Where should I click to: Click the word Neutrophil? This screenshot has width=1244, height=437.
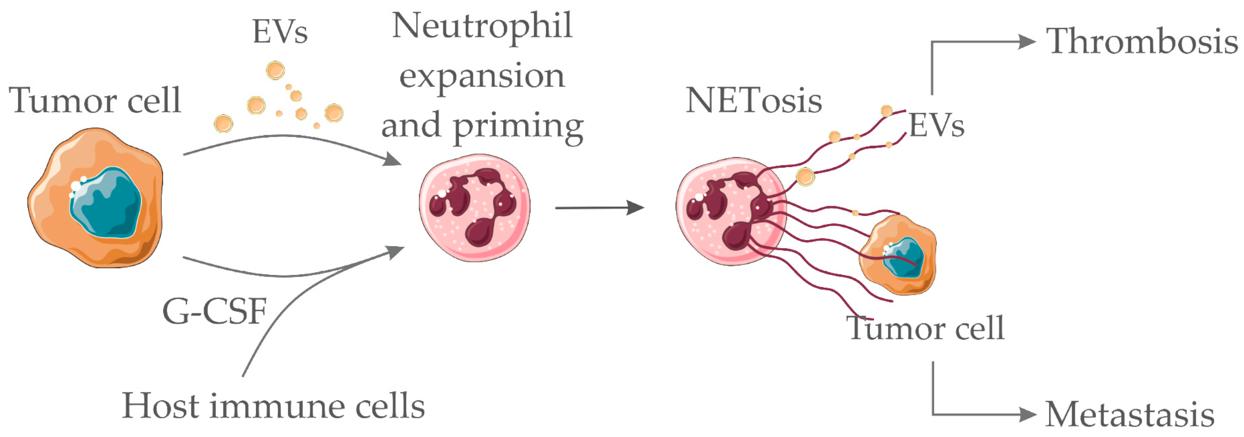482,26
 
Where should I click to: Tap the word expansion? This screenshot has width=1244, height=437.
482,76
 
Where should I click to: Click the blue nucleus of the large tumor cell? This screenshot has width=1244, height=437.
106,203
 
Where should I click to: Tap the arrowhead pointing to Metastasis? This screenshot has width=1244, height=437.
1027,414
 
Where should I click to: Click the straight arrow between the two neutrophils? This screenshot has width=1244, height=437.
599,208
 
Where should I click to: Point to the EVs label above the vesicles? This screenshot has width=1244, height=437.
280,32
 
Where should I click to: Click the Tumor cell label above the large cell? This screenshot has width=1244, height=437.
95,100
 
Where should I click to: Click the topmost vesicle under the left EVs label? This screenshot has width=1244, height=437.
275,71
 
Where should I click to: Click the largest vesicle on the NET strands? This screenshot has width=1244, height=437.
805,177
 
